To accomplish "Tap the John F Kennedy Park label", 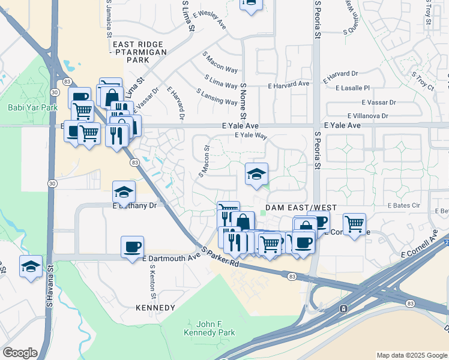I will point(209,328).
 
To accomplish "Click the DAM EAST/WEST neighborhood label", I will point(300,208).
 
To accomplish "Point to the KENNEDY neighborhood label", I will point(155,308).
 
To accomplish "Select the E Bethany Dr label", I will point(134,205).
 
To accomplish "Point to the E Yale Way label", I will point(250,136).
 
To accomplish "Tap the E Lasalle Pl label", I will point(354,88).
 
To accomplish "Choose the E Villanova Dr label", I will point(367,116).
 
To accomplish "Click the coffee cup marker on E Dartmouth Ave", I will point(132,247).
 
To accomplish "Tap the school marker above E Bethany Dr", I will point(124,192).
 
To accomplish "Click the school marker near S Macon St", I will point(256,174).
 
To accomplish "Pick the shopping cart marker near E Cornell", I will point(354,224).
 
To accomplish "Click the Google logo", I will point(20,353).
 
